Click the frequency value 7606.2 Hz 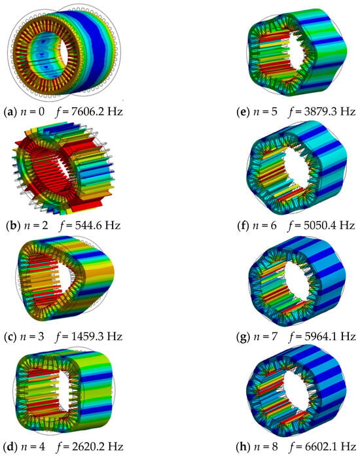98,112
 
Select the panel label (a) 10,112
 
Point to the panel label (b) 12,226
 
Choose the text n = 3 32,337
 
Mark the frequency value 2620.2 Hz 98,447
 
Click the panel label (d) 10,447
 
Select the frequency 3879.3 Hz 330,112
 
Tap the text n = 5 265,112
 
